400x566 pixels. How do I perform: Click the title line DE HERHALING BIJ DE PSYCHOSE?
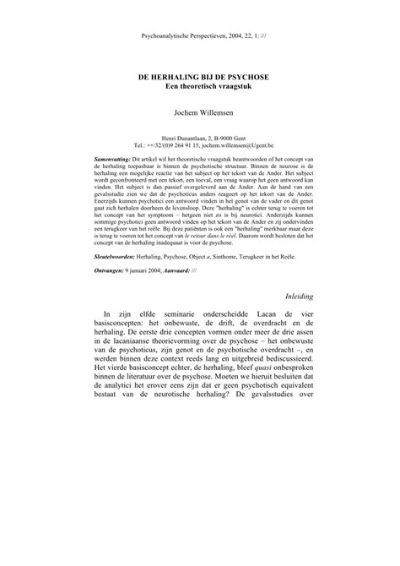tap(200, 75)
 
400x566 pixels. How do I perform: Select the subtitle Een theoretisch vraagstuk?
tap(200, 86)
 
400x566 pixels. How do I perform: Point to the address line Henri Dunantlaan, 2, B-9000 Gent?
tap(200, 135)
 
